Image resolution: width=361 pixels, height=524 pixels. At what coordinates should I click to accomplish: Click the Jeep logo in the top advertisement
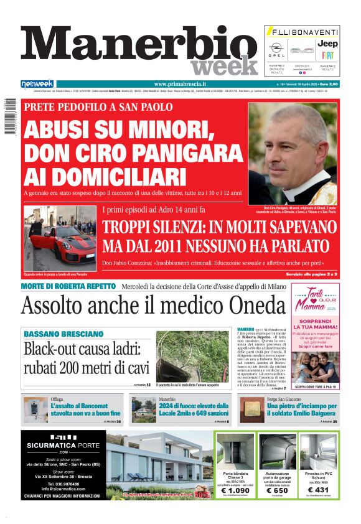pyautogui.click(x=327, y=44)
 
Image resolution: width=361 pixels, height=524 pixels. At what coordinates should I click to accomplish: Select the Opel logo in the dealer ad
pyautogui.click(x=276, y=47)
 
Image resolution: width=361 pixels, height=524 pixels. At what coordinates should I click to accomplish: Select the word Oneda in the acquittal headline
pyautogui.click(x=245, y=306)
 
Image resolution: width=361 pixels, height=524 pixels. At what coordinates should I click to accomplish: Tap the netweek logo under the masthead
pyautogui.click(x=37, y=84)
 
